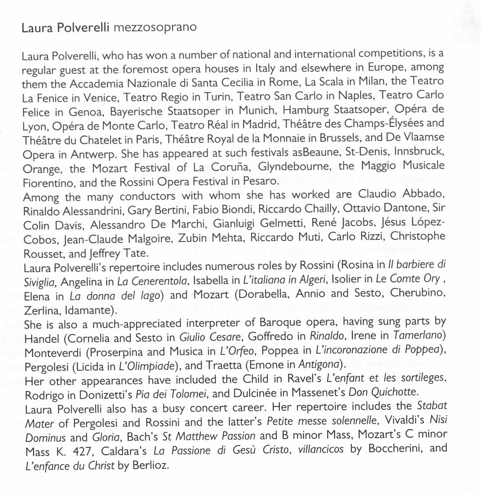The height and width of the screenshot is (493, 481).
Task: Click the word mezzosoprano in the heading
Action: click(155, 27)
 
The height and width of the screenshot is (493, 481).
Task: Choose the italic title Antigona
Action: click(331, 364)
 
